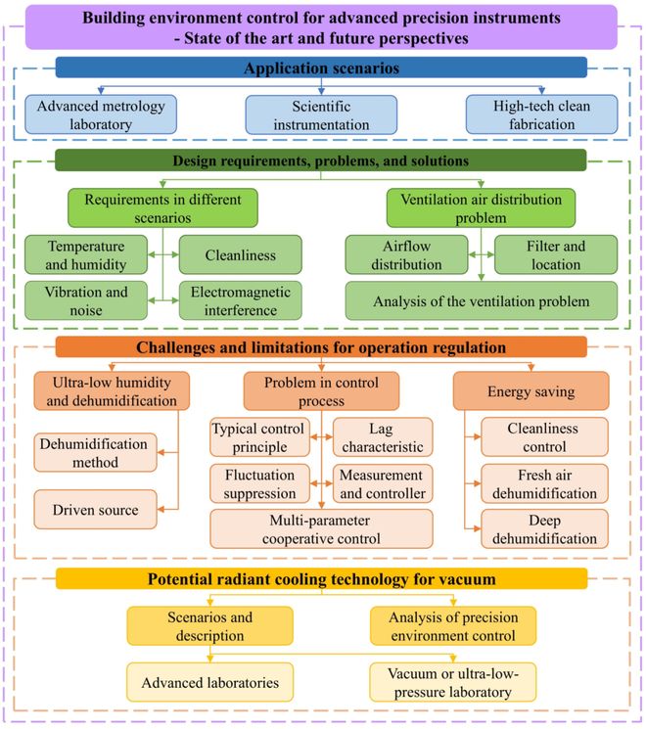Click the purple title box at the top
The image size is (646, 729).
pyautogui.click(x=323, y=27)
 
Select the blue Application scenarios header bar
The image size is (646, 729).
pyautogui.click(x=322, y=68)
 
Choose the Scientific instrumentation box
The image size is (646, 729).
pyautogui.click(x=322, y=114)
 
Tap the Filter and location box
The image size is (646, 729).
pyautogui.click(x=555, y=255)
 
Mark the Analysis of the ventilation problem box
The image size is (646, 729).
pyautogui.click(x=481, y=301)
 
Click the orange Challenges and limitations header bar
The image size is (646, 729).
pyautogui.click(x=322, y=347)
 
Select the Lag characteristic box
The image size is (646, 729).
pyautogui.click(x=383, y=437)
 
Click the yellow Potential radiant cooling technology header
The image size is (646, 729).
pyautogui.click(x=322, y=579)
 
